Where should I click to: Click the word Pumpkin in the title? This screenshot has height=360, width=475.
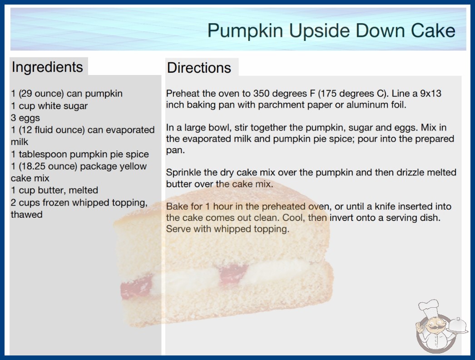point(245,31)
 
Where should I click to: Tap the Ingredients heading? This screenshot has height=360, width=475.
point(47,67)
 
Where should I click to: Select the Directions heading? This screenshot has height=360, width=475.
point(199,68)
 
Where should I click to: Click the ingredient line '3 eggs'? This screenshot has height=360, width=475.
point(25,118)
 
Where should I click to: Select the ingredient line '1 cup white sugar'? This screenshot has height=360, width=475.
point(49,106)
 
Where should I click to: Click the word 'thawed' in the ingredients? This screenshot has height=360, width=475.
point(27,215)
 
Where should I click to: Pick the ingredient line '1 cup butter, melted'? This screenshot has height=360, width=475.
point(54,190)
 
